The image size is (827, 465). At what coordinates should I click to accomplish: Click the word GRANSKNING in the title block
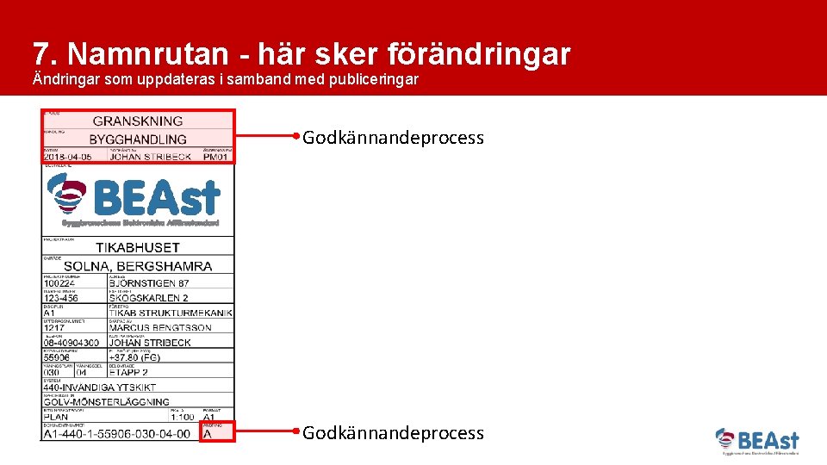pyautogui.click(x=138, y=121)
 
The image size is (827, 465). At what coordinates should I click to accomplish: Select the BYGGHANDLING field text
pyautogui.click(x=138, y=139)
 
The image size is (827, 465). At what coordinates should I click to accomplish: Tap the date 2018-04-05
pyautogui.click(x=72, y=158)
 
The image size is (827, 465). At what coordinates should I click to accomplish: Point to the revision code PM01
pyautogui.click(x=216, y=158)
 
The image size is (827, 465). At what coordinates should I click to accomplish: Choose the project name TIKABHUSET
pyautogui.click(x=138, y=247)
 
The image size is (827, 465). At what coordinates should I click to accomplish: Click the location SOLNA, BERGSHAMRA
pyautogui.click(x=139, y=266)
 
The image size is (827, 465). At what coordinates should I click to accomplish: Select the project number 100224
pyautogui.click(x=60, y=282)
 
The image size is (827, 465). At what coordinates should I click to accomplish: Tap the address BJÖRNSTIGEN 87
pyautogui.click(x=149, y=282)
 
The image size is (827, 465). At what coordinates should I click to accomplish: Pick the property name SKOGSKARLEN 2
pyautogui.click(x=149, y=298)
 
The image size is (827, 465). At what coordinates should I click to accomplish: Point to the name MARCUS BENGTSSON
pyautogui.click(x=161, y=328)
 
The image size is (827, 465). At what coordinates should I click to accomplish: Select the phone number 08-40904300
pyautogui.click(x=71, y=343)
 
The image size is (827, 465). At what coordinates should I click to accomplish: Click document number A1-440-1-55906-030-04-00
pyautogui.click(x=117, y=434)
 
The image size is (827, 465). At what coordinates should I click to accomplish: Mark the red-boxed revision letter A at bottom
pyautogui.click(x=207, y=434)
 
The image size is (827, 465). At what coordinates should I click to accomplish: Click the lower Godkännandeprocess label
pyautogui.click(x=393, y=433)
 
